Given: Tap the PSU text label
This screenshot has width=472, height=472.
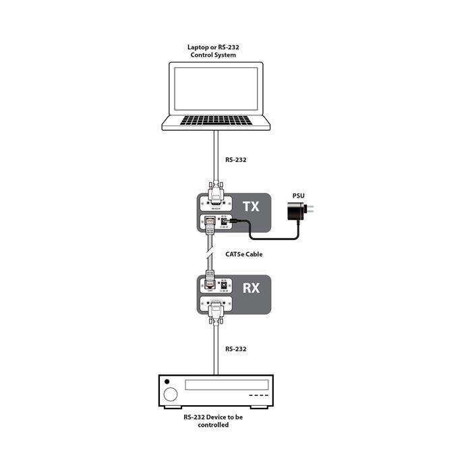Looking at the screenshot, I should (x=298, y=196).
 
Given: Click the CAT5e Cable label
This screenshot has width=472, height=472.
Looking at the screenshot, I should (x=243, y=254).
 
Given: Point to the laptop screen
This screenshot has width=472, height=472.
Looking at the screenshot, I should (x=215, y=88).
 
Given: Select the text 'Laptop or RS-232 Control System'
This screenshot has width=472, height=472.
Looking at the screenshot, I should (x=215, y=51).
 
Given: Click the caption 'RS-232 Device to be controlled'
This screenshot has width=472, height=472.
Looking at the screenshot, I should (x=215, y=421).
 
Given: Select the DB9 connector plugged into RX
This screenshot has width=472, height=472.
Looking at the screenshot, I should (x=216, y=307).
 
